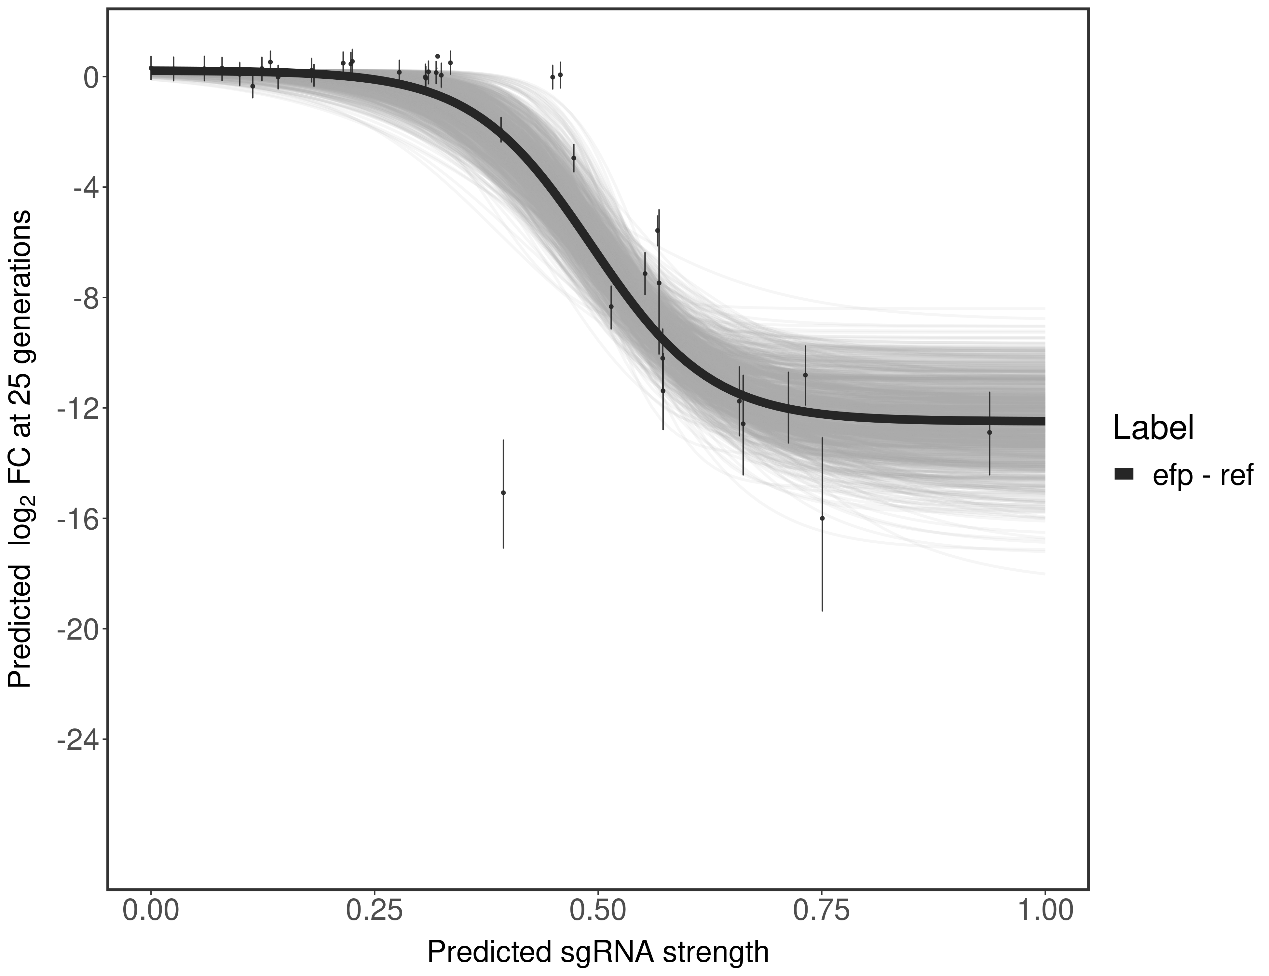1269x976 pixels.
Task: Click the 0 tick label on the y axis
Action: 91,77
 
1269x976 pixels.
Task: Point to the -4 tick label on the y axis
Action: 83,188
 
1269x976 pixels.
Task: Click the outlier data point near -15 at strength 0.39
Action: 503,493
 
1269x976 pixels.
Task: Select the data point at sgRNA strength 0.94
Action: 989,432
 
